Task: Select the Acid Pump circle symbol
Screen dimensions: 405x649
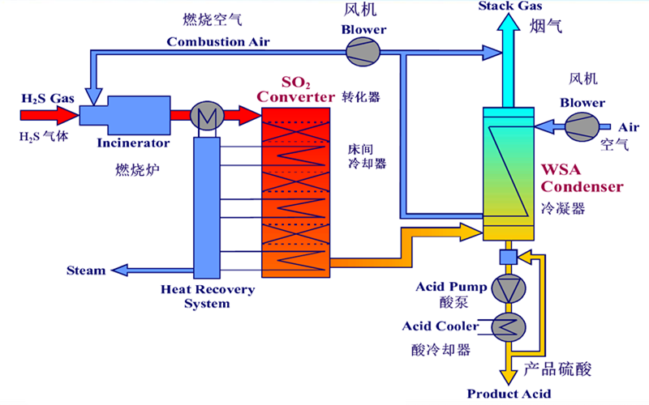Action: point(509,288)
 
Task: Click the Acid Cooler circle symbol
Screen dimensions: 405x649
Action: point(509,326)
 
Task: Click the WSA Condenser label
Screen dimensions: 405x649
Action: point(582,179)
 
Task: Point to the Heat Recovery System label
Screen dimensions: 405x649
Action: point(207,296)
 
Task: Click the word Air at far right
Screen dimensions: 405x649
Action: point(628,127)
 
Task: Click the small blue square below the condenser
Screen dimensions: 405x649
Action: point(509,257)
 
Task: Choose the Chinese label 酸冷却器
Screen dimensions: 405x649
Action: point(441,350)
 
